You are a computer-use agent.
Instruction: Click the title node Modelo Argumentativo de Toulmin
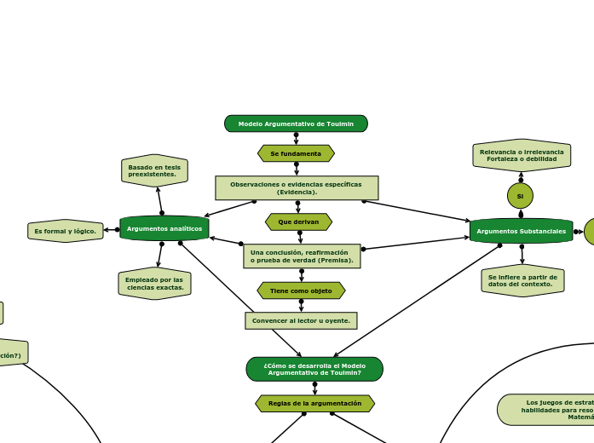tap(296, 124)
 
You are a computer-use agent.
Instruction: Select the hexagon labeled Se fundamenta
tap(296, 153)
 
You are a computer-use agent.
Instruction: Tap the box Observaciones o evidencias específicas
tap(296, 187)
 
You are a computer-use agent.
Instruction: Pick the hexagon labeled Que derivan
tap(298, 221)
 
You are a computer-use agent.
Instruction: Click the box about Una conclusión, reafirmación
tap(302, 256)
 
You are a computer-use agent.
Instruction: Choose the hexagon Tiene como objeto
tap(301, 291)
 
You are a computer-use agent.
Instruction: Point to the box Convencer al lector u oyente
tap(301, 320)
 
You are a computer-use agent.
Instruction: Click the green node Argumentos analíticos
tap(164, 228)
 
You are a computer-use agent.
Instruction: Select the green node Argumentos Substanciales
tap(521, 231)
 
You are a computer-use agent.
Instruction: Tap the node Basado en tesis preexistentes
tap(154, 170)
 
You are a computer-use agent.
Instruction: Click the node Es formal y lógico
tap(66, 231)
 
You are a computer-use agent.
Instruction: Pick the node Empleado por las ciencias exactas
tap(154, 284)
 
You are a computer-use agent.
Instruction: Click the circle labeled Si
tap(520, 196)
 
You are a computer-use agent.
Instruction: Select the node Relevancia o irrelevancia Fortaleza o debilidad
tap(522, 155)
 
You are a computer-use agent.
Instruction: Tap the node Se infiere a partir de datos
tap(522, 280)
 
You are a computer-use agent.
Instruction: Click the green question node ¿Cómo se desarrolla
tap(314, 369)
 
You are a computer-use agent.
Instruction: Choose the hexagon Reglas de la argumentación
tap(314, 403)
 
